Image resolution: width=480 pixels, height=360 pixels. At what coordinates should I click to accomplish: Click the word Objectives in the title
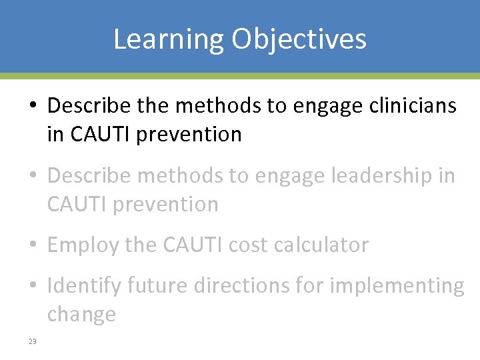[x=299, y=39]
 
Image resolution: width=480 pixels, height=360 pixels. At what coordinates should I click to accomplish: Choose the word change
[x=81, y=314]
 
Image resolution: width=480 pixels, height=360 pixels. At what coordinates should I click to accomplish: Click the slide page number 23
[x=32, y=342]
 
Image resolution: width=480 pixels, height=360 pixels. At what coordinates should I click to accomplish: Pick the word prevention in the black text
[x=189, y=134]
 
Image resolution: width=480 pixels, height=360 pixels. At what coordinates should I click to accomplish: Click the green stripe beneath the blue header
[x=240, y=75]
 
